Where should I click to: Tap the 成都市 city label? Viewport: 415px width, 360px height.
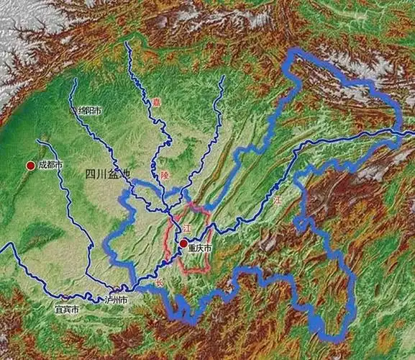51,165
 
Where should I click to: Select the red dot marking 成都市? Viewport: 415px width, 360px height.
30,166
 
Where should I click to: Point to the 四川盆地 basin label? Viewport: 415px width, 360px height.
109,174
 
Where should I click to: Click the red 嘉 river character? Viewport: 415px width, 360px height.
156,102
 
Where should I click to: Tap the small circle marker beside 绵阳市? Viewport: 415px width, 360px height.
72,112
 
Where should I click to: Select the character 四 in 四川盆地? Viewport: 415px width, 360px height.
91,174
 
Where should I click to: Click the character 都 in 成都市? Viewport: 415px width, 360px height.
51,165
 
